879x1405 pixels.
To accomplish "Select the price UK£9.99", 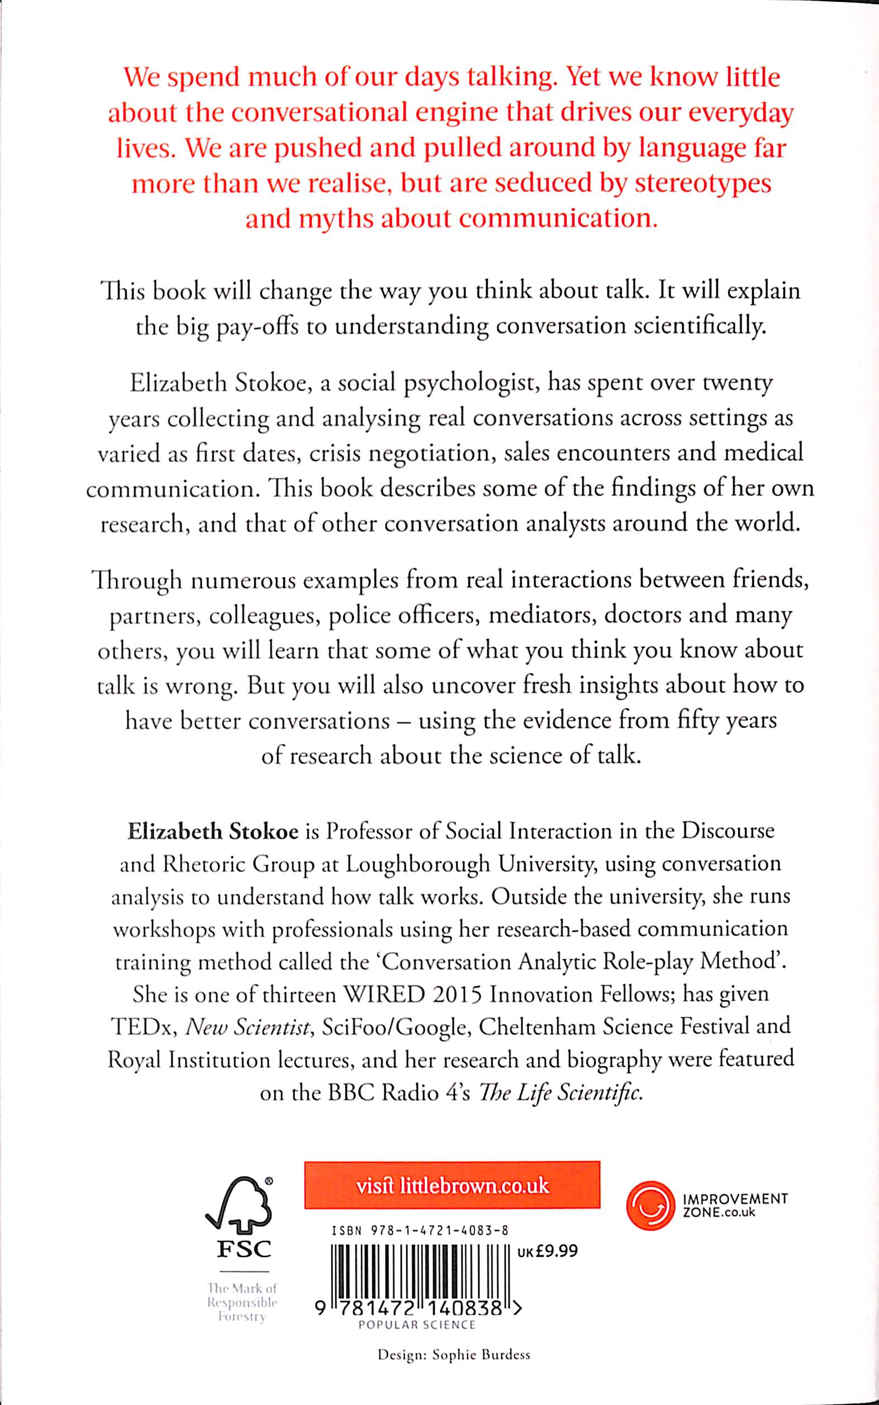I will point(547,1247).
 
